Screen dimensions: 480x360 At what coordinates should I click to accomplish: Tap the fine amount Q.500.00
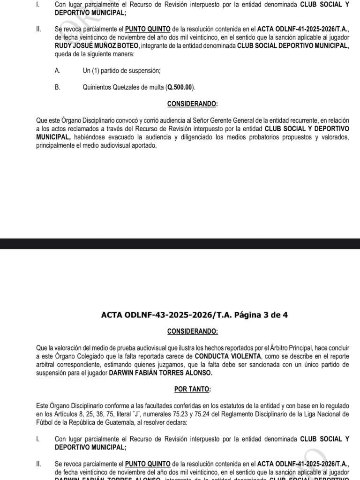point(181,87)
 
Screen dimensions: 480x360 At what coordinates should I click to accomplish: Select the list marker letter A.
point(57,71)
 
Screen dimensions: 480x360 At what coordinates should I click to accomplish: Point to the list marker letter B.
point(57,87)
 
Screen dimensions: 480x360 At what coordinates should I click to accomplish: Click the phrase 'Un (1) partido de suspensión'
point(121,71)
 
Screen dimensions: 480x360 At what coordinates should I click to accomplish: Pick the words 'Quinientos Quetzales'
point(111,87)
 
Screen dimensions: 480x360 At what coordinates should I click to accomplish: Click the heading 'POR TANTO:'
point(192,389)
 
